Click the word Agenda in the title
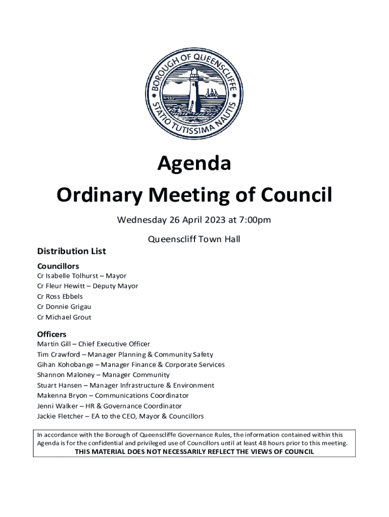(194, 164)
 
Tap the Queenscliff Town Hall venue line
(193, 239)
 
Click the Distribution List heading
(71, 251)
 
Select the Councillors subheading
(58, 266)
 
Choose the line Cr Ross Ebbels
(60, 297)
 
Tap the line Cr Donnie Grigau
(64, 307)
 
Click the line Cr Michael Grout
(64, 318)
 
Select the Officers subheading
(52, 334)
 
